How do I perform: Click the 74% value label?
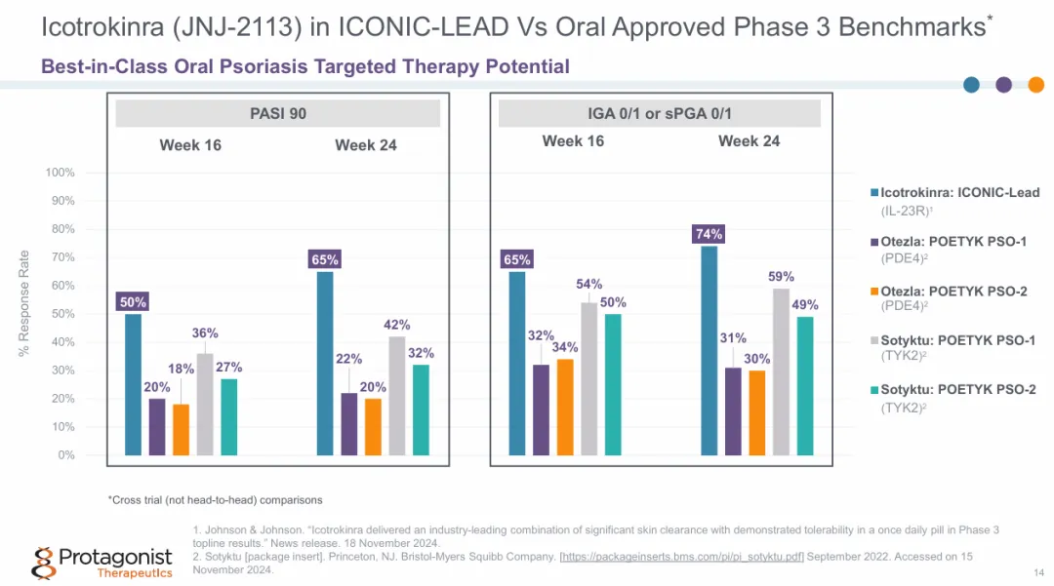point(709,234)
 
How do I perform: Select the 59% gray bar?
point(782,371)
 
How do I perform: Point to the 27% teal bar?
point(229,416)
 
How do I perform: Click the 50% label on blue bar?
point(133,302)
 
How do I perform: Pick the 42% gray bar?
point(397,395)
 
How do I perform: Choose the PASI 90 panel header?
point(278,113)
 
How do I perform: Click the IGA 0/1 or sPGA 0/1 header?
point(659,113)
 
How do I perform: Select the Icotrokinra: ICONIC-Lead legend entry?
point(953,192)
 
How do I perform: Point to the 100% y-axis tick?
point(60,173)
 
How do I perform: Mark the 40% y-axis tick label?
point(62,342)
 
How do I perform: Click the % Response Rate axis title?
point(24,302)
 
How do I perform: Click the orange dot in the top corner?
point(1035,85)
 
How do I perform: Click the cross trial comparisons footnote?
point(215,500)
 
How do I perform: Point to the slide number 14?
point(1037,571)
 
